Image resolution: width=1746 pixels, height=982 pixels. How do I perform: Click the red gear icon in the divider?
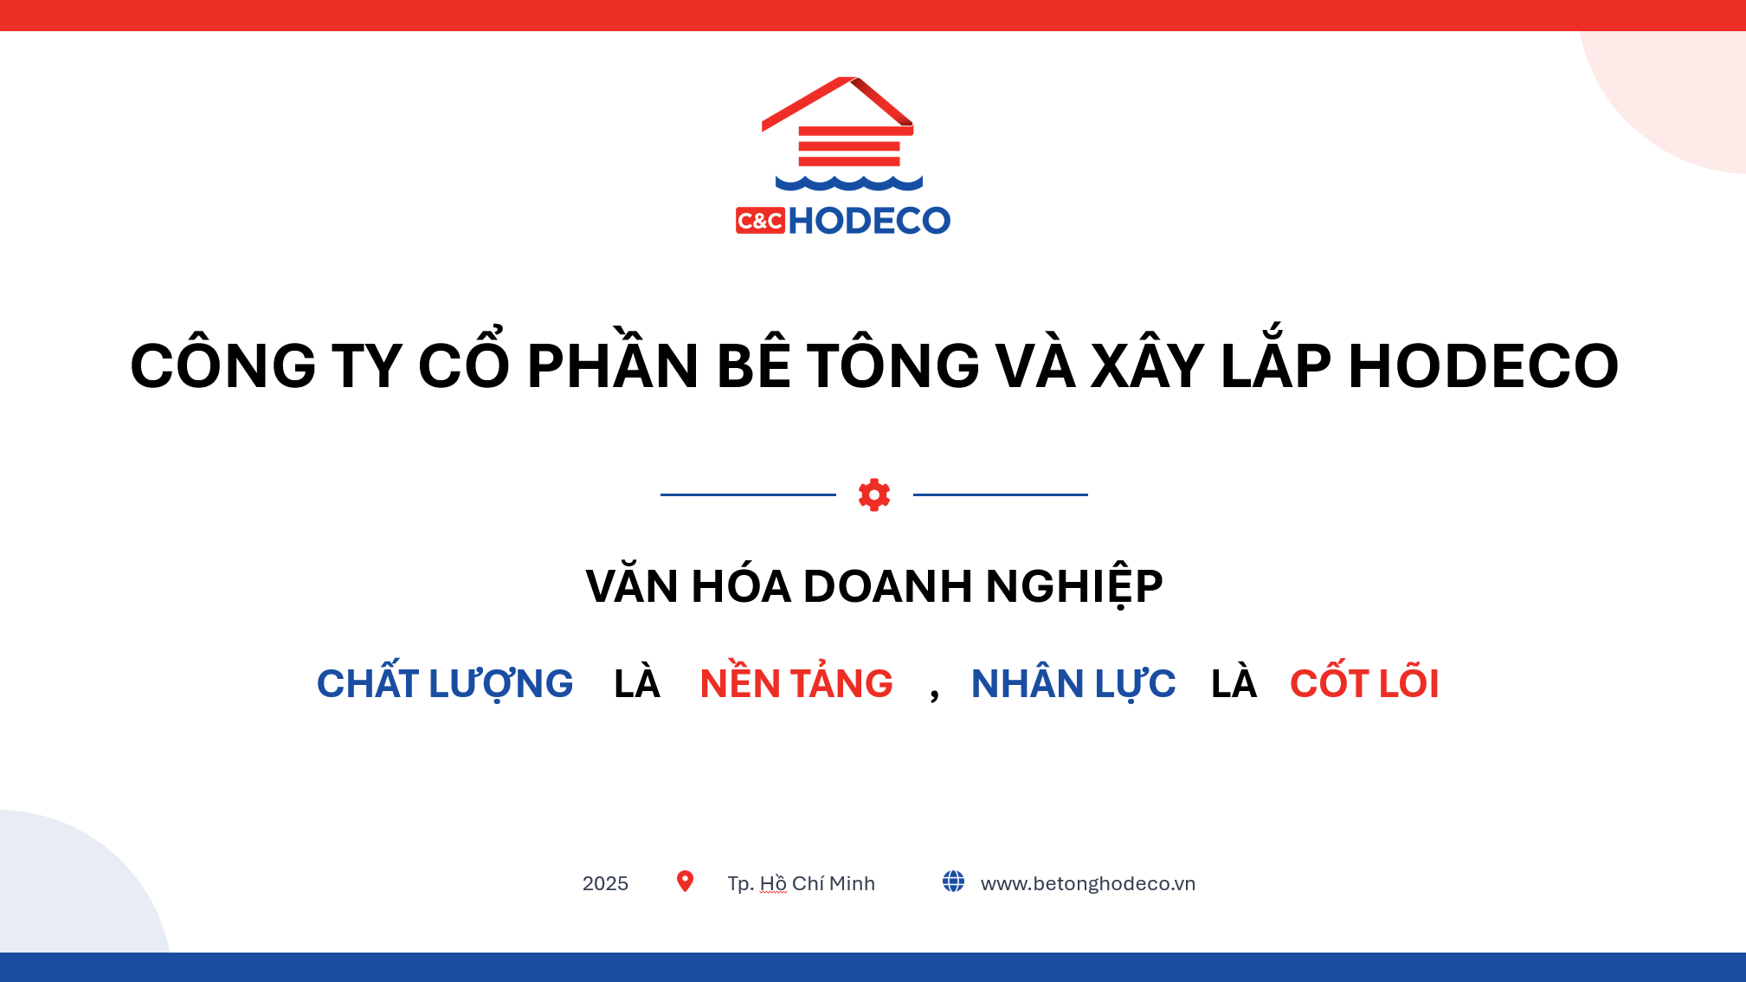(x=874, y=494)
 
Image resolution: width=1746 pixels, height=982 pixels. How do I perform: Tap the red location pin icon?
(x=685, y=882)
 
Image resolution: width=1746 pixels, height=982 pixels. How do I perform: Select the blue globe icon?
(x=953, y=882)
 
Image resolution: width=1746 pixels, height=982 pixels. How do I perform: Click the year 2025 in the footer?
(x=605, y=883)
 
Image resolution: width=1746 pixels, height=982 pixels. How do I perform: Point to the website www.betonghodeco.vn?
(x=1088, y=883)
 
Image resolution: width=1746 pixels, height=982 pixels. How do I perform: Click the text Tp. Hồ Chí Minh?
(x=802, y=883)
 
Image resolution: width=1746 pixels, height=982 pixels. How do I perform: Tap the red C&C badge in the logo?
(x=760, y=221)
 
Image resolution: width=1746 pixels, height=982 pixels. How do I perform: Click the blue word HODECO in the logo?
(x=869, y=221)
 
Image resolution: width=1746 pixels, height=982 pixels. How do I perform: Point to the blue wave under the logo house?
(x=849, y=183)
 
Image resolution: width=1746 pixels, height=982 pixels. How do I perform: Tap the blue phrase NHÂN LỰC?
(x=1073, y=683)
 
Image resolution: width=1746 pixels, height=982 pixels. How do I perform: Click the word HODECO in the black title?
(x=1484, y=365)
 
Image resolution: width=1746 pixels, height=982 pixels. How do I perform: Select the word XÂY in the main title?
(x=1148, y=364)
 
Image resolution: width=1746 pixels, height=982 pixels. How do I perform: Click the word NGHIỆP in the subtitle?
(x=1074, y=586)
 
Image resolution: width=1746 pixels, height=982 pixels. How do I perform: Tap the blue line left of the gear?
(x=748, y=494)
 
